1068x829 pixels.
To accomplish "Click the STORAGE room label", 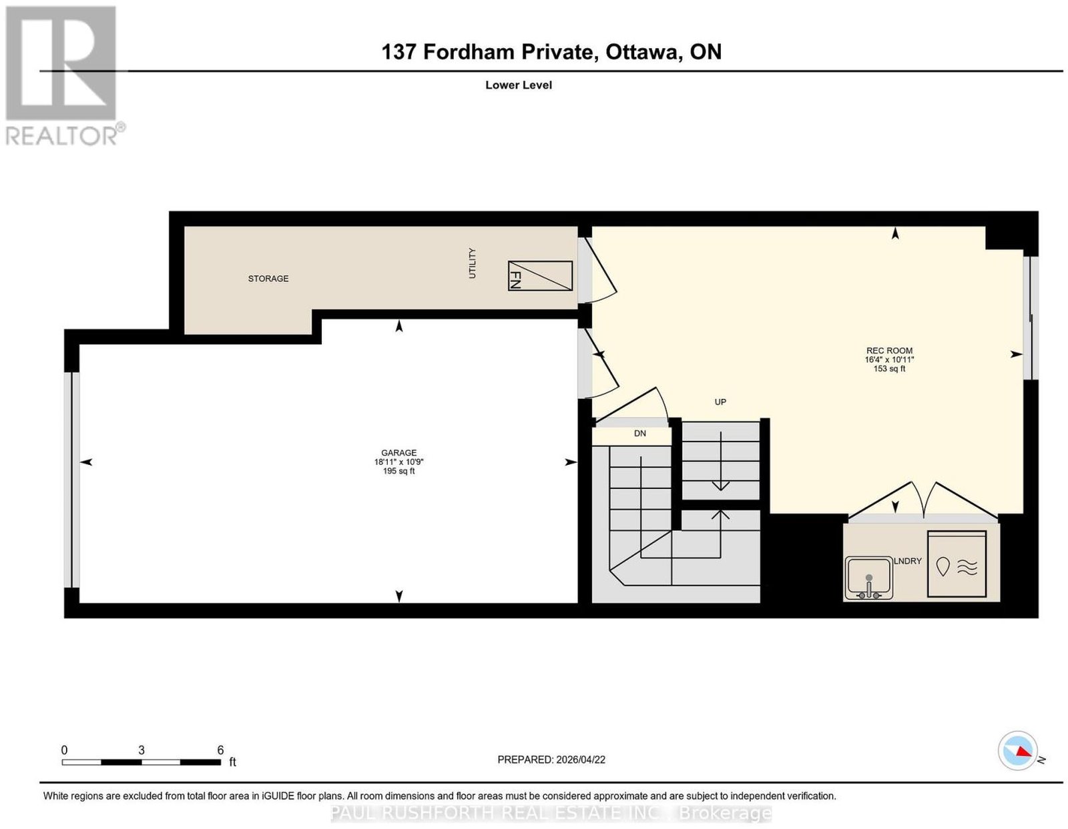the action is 268,279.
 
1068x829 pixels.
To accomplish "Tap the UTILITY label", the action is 473,263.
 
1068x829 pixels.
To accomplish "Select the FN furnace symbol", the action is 539,275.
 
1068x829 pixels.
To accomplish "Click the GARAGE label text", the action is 398,453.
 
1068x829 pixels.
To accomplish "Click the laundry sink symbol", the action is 868,578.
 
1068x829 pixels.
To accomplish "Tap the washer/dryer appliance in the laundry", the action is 957,564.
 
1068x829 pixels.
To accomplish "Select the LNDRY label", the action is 907,561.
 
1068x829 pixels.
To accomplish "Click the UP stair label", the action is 720,402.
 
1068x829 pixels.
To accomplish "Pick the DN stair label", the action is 640,434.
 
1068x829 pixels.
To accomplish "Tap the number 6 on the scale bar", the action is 220,750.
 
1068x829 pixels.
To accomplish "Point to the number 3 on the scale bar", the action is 142,750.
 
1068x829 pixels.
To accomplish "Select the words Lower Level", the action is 519,85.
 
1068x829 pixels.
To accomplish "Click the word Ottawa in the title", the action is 643,51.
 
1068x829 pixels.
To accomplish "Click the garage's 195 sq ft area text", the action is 398,472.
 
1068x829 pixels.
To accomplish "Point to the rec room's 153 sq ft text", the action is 889,369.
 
